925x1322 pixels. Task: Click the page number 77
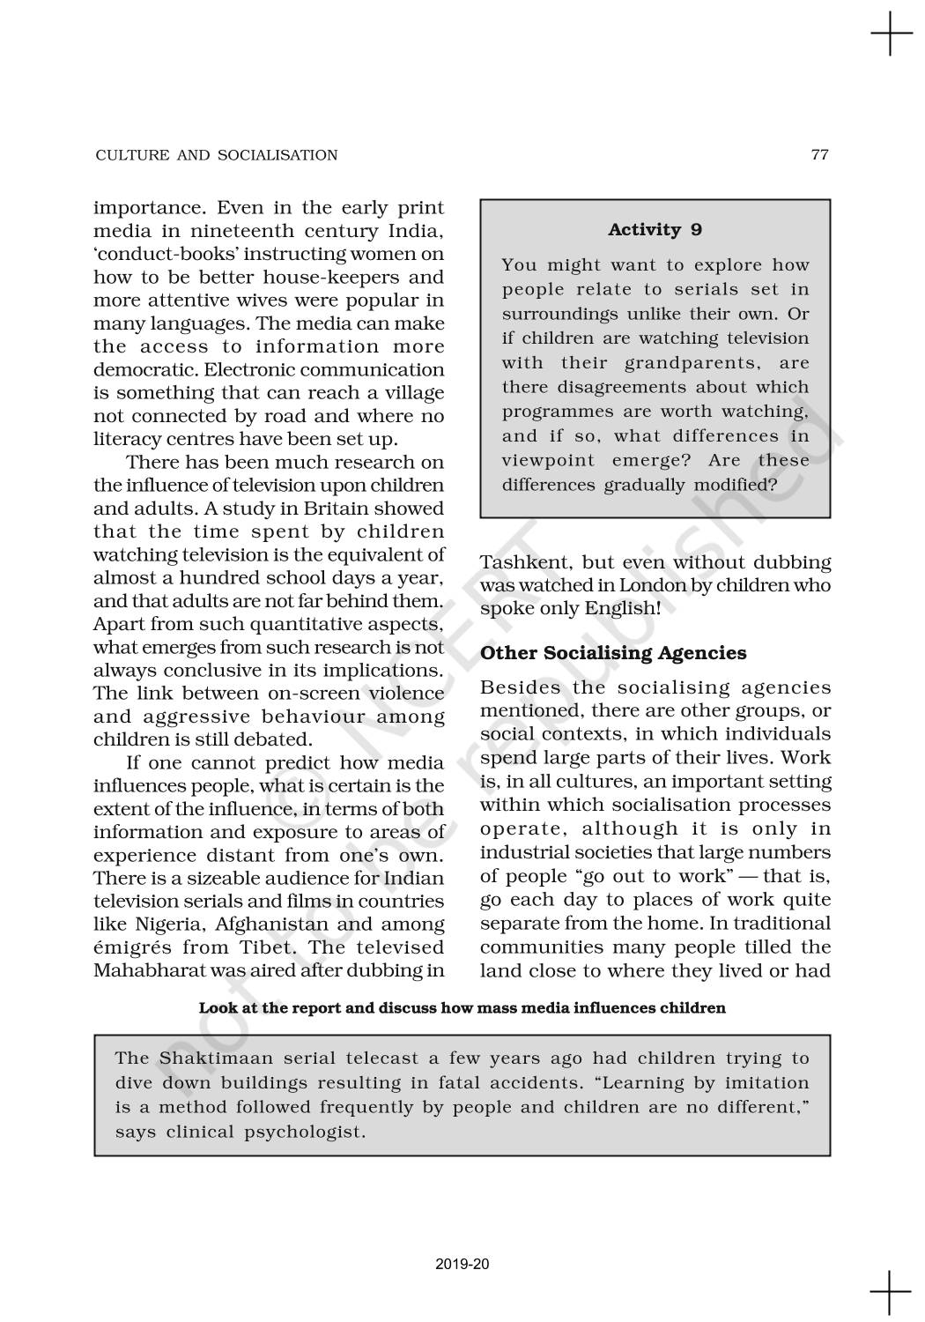[819, 155]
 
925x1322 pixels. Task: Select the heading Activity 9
[655, 230]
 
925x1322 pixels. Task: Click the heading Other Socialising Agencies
[613, 653]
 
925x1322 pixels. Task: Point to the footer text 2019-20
[462, 1264]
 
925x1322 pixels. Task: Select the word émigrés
[131, 948]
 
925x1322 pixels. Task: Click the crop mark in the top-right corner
[891, 35]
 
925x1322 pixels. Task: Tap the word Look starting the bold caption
[218, 1007]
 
